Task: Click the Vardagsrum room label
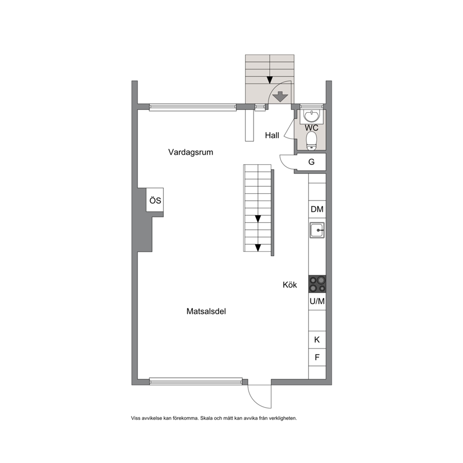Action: tap(191, 152)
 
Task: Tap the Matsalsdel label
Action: tap(206, 311)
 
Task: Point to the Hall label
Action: tap(272, 135)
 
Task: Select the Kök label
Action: tap(290, 285)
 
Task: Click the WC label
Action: tap(311, 128)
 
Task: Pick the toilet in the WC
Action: tap(311, 141)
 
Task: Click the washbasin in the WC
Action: tap(311, 116)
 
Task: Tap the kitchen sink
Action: tap(317, 230)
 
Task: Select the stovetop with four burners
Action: tap(317, 284)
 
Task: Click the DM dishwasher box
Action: tap(317, 210)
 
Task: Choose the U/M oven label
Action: tap(317, 301)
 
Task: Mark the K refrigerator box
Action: tap(317, 340)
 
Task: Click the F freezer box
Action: tap(317, 358)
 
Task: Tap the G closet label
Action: tap(311, 162)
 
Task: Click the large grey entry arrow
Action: tap(280, 97)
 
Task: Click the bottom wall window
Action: tap(196, 381)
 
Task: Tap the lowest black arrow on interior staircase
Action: tap(258, 248)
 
